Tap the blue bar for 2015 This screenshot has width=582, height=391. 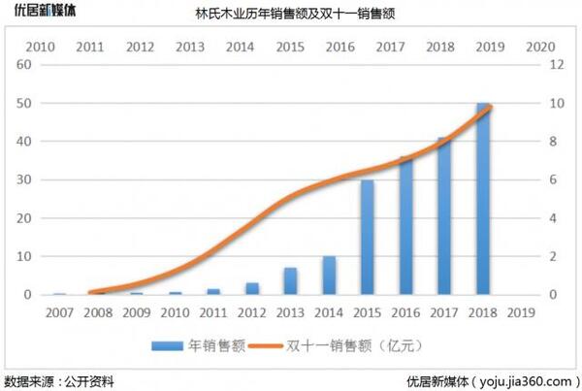click(367, 237)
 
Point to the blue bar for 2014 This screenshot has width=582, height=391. click(329, 276)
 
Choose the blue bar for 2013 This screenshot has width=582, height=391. click(290, 281)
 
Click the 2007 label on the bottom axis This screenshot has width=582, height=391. click(59, 312)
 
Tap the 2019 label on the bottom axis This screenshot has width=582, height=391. click(521, 312)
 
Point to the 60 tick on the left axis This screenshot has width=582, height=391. click(26, 65)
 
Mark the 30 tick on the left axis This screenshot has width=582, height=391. click(26, 179)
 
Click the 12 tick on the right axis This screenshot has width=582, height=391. click(556, 65)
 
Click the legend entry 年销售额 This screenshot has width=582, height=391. click(200, 344)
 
